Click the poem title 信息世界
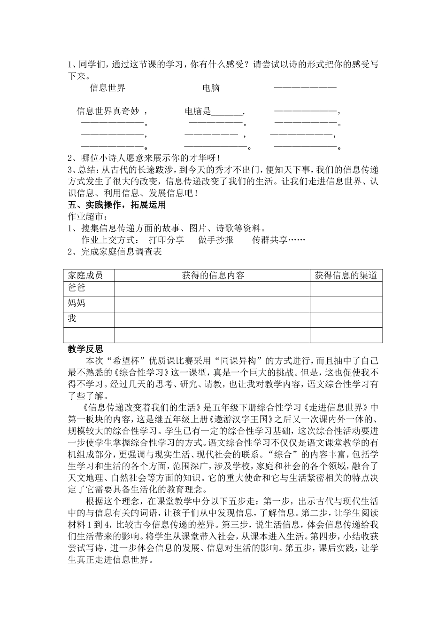pyautogui.click(x=108, y=87)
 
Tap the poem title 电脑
pyautogui.click(x=211, y=87)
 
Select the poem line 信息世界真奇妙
pyautogui.click(x=108, y=111)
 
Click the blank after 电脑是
pyautogui.click(x=227, y=112)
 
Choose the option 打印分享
pyautogui.click(x=166, y=240)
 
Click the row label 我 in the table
pyautogui.click(x=72, y=318)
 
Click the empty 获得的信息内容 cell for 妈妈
pyautogui.click(x=212, y=304)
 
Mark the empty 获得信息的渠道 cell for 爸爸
pyautogui.click(x=346, y=289)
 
